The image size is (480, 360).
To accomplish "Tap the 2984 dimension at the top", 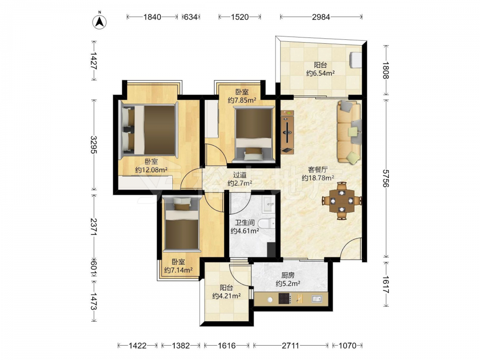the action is pos(321,17).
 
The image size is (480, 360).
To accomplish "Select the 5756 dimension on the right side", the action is pos(386,179).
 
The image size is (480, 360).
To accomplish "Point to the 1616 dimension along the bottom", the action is pos(227,346).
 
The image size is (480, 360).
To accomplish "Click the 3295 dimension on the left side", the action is pos(94,145).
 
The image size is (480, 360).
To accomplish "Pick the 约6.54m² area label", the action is pos(320,73).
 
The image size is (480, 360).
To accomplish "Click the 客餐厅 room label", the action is pos(318,169).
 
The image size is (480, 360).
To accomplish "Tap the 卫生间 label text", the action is pos(245,223).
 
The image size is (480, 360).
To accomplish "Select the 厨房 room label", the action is pos(288,276).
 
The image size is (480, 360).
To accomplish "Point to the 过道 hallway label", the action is pos(240,175).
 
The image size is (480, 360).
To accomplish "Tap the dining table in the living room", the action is pos(342,201).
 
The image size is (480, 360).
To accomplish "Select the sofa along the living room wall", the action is pos(349,132).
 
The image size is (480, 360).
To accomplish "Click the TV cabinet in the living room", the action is pos(288,132).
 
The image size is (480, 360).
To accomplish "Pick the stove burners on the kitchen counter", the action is pos(284,299).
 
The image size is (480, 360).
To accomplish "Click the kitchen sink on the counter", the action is pos(316,299).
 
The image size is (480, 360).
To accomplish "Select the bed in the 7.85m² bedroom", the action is pos(254,134).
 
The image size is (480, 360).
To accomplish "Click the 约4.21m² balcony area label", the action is pos(226,296).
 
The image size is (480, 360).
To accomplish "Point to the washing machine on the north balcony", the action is pos(355,60).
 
